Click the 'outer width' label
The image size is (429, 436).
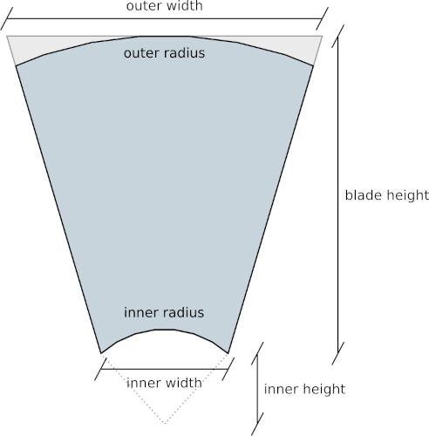pyautogui.click(x=165, y=6)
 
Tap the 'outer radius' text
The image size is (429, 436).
pyautogui.click(x=164, y=53)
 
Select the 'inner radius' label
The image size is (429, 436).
pyautogui.click(x=164, y=313)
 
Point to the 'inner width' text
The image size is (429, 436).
pyautogui.click(x=164, y=383)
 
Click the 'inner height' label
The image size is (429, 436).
pyautogui.click(x=304, y=389)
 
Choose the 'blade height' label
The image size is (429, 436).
pyautogui.click(x=387, y=195)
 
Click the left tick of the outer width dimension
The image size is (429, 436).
pyautogui.click(x=7, y=19)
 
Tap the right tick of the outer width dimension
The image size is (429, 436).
pyautogui.click(x=322, y=19)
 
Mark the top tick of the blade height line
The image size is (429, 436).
pyautogui.click(x=338, y=36)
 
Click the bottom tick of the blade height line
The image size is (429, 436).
pyautogui.click(x=338, y=353)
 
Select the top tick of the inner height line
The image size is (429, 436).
pyautogui.click(x=257, y=353)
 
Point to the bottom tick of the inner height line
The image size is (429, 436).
pyautogui.click(x=257, y=424)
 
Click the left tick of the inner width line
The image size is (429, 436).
pyautogui.click(x=100, y=369)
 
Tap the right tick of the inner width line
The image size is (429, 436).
pyautogui.click(x=228, y=369)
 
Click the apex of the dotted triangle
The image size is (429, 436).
pyautogui.click(x=165, y=424)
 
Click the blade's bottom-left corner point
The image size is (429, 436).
pyautogui.click(x=101, y=353)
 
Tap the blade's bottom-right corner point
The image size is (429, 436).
pyautogui.click(x=228, y=353)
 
